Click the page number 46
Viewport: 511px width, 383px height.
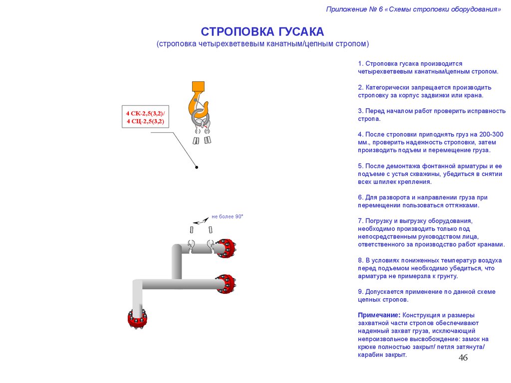coord(463,358)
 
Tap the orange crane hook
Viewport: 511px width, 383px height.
coord(196,100)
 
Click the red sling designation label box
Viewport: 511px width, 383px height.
coord(145,117)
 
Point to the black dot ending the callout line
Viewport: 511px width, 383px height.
coord(197,168)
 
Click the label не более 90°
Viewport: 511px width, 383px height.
coord(227,216)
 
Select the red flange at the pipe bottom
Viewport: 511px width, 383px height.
coord(137,319)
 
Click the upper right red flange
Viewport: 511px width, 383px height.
coord(225,247)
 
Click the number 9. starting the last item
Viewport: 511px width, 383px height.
coord(360,292)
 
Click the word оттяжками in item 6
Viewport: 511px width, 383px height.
coord(464,205)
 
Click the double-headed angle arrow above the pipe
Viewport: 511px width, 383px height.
coord(201,220)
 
